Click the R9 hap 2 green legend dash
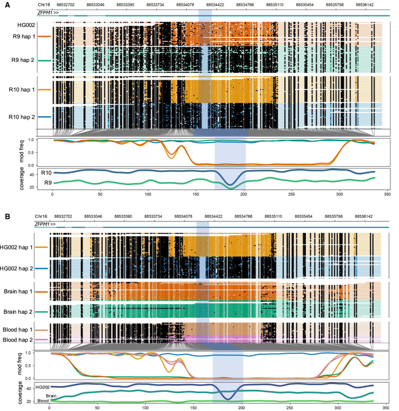45,60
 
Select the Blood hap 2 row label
17,339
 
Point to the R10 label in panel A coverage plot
47,172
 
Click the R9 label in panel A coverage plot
48,182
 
